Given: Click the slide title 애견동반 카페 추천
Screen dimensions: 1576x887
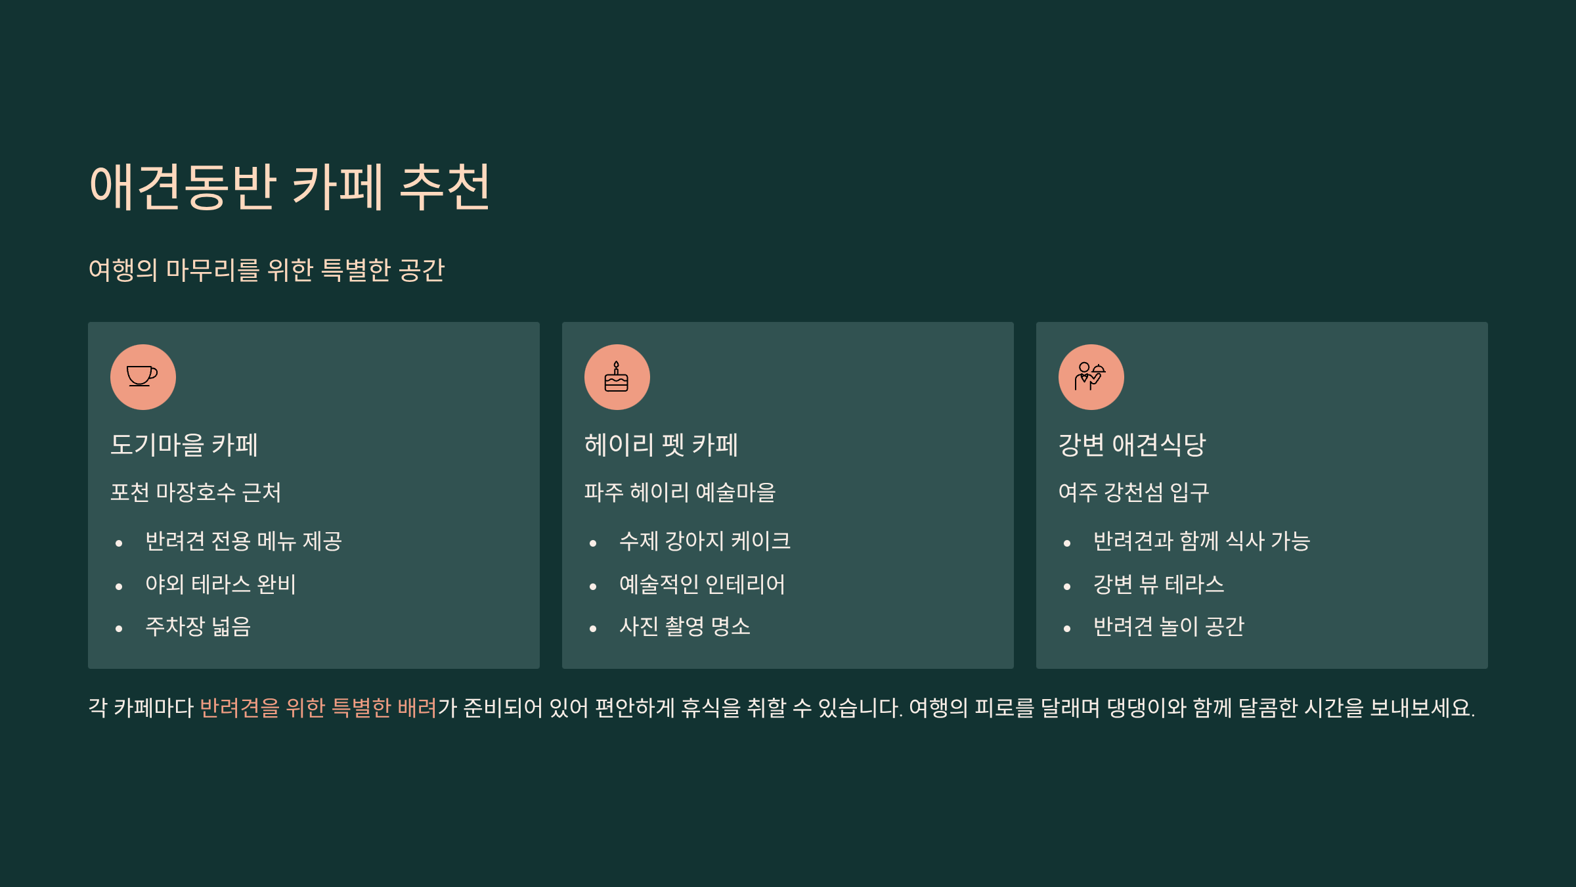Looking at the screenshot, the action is (x=290, y=187).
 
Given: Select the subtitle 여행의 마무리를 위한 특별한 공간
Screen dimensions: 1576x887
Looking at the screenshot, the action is (x=267, y=270).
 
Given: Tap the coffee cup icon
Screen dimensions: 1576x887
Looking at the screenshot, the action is (x=142, y=376).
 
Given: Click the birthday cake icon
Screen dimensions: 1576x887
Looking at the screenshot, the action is (x=617, y=376).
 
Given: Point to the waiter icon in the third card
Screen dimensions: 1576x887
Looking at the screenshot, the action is (x=1091, y=376).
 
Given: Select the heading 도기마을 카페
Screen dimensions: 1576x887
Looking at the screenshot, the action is (x=184, y=445).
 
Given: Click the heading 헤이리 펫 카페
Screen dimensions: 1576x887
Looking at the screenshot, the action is (x=661, y=445).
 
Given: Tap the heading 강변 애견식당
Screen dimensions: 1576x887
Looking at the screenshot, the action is (x=1132, y=445).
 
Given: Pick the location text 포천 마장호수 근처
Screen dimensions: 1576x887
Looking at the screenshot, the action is (x=196, y=492).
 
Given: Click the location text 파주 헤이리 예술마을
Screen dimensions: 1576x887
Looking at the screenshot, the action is (x=680, y=492).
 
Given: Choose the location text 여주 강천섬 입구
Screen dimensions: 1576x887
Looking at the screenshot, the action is (x=1134, y=492).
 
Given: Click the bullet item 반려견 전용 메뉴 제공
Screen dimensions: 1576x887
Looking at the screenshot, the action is (x=244, y=541).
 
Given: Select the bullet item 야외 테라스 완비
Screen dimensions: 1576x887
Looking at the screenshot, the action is (x=221, y=584).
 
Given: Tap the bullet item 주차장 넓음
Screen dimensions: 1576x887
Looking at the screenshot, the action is (x=198, y=626).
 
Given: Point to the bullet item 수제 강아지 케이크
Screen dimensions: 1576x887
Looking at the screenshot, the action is (x=705, y=541).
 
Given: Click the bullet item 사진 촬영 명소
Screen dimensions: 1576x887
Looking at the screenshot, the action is (x=685, y=626).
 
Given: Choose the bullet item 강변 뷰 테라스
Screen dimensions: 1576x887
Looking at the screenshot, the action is (x=1159, y=584).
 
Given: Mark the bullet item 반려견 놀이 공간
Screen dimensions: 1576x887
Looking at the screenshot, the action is (x=1169, y=626).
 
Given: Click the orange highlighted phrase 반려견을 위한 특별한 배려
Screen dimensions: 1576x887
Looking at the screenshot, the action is (x=318, y=708).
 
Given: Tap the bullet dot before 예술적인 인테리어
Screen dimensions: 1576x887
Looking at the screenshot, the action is (x=593, y=586).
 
